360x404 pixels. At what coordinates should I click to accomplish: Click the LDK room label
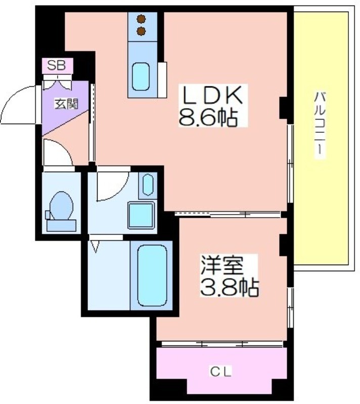(x=212, y=95)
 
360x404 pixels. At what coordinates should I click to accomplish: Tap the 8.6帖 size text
(x=208, y=117)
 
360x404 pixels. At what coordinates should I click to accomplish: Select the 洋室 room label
(x=222, y=266)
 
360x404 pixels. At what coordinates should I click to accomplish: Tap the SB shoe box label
(x=56, y=65)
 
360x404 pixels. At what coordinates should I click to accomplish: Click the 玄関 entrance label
(x=66, y=105)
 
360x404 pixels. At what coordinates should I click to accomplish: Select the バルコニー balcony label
(x=319, y=123)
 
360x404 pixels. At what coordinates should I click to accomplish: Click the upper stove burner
(x=141, y=19)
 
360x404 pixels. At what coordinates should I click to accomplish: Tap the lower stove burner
(x=141, y=31)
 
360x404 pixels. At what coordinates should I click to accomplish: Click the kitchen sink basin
(x=141, y=77)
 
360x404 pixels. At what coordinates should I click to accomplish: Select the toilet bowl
(x=61, y=206)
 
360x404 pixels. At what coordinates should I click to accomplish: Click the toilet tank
(x=61, y=225)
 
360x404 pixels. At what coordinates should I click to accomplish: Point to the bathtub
(x=152, y=275)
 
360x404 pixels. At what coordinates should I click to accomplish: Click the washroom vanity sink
(x=148, y=184)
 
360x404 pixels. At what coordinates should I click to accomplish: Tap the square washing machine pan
(x=141, y=216)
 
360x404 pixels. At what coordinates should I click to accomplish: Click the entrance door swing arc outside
(x=13, y=96)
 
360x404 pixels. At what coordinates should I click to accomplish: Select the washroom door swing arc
(x=119, y=191)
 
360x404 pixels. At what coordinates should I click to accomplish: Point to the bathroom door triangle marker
(x=96, y=246)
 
